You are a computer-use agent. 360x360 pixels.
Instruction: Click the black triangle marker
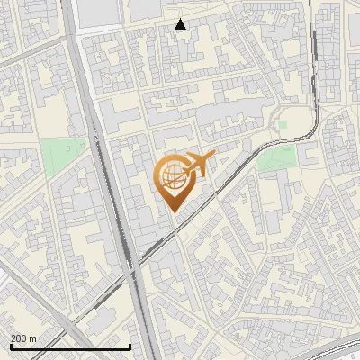[181, 24]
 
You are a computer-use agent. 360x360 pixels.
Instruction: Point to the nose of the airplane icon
[214, 157]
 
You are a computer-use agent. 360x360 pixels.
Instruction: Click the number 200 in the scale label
[19, 338]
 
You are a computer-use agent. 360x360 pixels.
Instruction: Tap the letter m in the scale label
[33, 338]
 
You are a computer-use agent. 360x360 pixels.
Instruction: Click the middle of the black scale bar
[70, 346]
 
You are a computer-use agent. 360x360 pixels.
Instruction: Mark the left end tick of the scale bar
[10, 346]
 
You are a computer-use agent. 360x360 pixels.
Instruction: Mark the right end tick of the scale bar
[130, 346]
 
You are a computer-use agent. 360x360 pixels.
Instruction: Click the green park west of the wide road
[64, 155]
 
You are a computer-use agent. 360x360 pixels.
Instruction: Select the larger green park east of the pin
[276, 158]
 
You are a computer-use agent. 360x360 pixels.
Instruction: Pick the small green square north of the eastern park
[282, 125]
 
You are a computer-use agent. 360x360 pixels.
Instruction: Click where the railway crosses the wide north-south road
[134, 266]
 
